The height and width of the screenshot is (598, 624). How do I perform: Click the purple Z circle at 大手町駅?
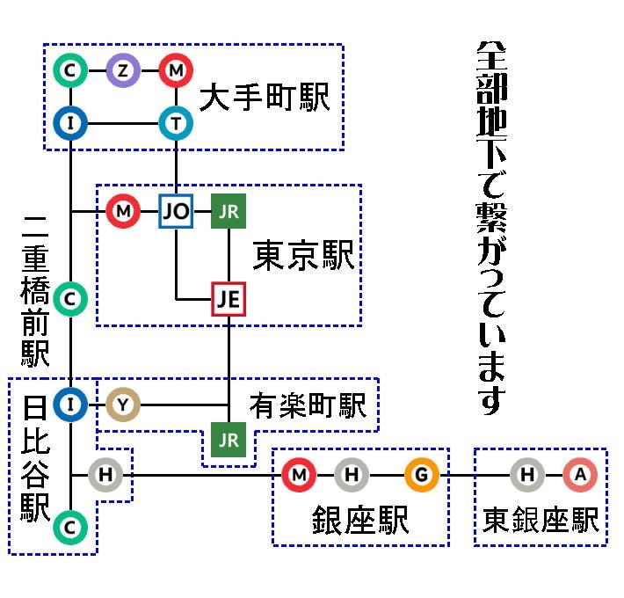(x=123, y=70)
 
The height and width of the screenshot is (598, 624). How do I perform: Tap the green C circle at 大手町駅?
(x=70, y=70)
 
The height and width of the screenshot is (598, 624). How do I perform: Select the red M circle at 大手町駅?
(x=176, y=70)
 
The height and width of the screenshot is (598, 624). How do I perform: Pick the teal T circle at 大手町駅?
(x=176, y=123)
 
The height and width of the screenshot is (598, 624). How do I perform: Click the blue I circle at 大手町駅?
(x=70, y=123)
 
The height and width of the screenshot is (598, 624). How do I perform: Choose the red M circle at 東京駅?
(x=123, y=211)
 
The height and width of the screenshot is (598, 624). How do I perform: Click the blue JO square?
(x=176, y=211)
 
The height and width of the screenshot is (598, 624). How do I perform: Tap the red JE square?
(x=229, y=299)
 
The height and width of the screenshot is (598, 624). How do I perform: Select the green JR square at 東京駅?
(x=229, y=211)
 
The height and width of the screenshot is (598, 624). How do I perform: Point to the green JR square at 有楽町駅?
(x=229, y=440)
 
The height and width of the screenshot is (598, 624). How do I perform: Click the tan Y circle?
(x=123, y=405)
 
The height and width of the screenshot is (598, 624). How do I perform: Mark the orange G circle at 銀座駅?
(x=422, y=475)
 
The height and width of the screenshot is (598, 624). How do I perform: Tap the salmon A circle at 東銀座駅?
(x=580, y=475)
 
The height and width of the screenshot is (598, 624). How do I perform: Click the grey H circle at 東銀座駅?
(x=527, y=475)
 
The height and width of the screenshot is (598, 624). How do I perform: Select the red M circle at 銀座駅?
(x=299, y=475)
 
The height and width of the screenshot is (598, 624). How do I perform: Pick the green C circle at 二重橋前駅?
(x=70, y=299)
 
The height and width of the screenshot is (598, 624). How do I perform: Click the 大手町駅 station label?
(x=264, y=98)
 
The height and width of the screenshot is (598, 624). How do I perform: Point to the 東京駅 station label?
(x=303, y=256)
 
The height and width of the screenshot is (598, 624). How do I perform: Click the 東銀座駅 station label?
(x=541, y=520)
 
